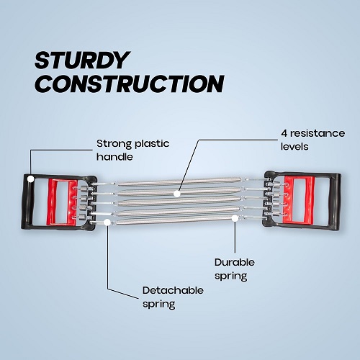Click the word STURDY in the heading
[82, 60]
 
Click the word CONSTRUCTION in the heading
[130, 84]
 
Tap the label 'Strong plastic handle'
[132, 150]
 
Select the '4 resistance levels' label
[312, 140]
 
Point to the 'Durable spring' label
[235, 269]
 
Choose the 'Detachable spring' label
[173, 297]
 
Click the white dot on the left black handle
[30, 179]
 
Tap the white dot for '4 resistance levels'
[177, 194]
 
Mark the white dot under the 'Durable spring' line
[235, 218]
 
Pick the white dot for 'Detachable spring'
[107, 222]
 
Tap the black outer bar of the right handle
[336, 202]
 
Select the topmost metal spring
[178, 182]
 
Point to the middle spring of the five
[178, 201]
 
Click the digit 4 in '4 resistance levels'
[284, 133]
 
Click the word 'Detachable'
[173, 290]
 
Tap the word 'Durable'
[235, 262]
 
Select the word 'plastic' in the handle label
[152, 144]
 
